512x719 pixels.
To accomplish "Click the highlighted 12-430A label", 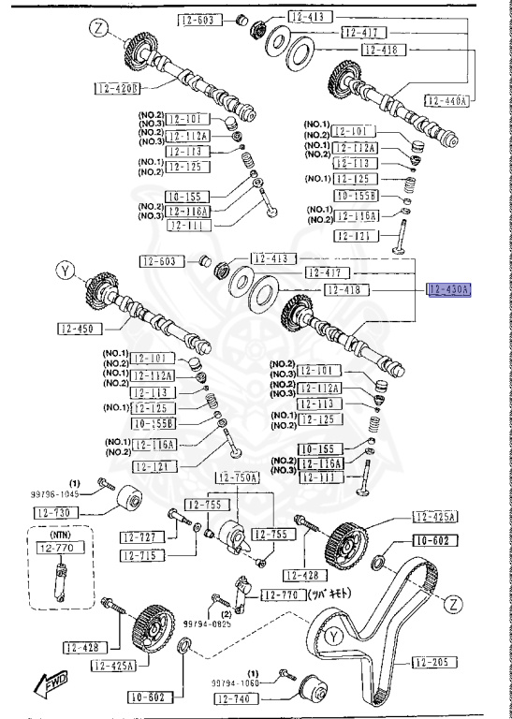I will pos(449,290).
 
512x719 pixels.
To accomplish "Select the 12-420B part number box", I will pos(117,89).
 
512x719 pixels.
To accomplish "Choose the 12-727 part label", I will pos(142,537).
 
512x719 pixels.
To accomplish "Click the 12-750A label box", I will pos(238,477).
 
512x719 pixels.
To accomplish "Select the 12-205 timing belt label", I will pos(432,662).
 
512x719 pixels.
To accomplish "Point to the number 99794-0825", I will pos(207,621).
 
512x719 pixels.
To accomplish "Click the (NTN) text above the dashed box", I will pos(62,534).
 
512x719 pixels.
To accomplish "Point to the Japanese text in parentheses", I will pos(329,593).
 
